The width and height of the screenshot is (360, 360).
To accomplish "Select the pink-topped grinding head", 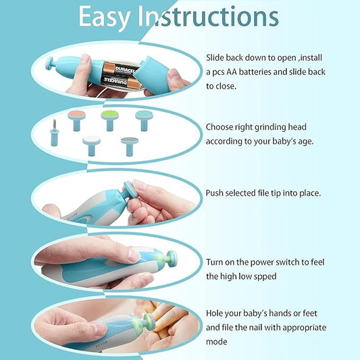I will pos(76,116).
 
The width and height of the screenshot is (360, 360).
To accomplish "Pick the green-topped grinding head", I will pos(108,117).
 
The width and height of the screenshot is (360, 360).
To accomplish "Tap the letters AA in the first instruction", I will pos(239,71).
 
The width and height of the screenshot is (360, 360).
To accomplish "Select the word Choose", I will pos(222,126).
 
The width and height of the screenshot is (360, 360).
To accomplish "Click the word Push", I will pos(215,192).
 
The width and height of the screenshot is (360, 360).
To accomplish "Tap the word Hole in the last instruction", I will pos(215,314).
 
